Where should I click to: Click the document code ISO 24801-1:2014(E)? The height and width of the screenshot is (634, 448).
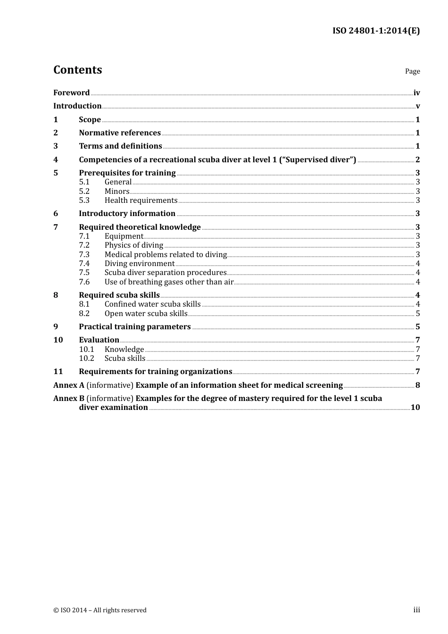point(376,31)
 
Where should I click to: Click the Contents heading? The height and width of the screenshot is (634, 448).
point(77,70)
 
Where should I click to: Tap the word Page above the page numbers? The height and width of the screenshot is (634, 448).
point(412,71)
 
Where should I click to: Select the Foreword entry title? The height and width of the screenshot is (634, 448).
point(71,93)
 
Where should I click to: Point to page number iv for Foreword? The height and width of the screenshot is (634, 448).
point(416,93)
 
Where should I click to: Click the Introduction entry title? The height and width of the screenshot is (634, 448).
point(77,106)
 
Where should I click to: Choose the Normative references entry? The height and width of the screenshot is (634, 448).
point(120,133)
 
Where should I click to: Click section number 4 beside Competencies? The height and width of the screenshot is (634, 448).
point(56,160)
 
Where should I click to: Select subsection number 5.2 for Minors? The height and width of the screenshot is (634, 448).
point(84,192)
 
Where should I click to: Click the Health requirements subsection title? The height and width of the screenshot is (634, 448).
point(141,200)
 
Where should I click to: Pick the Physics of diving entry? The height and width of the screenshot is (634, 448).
point(133,245)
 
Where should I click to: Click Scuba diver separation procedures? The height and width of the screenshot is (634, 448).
point(166,273)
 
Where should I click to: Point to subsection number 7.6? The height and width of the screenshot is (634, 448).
point(84,282)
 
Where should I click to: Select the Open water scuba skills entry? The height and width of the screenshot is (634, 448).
point(146,314)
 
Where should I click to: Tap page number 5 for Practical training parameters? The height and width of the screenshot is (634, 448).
point(417,327)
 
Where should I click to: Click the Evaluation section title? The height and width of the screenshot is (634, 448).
point(99,340)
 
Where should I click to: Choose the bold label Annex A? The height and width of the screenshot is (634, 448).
point(69,385)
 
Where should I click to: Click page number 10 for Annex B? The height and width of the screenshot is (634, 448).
point(415,408)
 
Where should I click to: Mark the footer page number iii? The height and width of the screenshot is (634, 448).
point(416,610)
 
